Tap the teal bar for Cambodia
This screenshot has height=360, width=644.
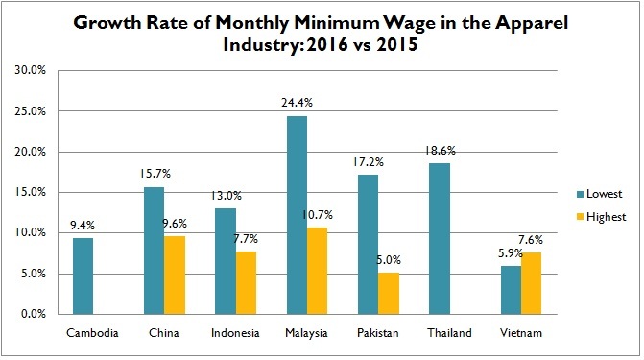[x=83, y=276]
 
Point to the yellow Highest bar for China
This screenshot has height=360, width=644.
[x=175, y=275]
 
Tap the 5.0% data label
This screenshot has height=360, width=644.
[x=391, y=259]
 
